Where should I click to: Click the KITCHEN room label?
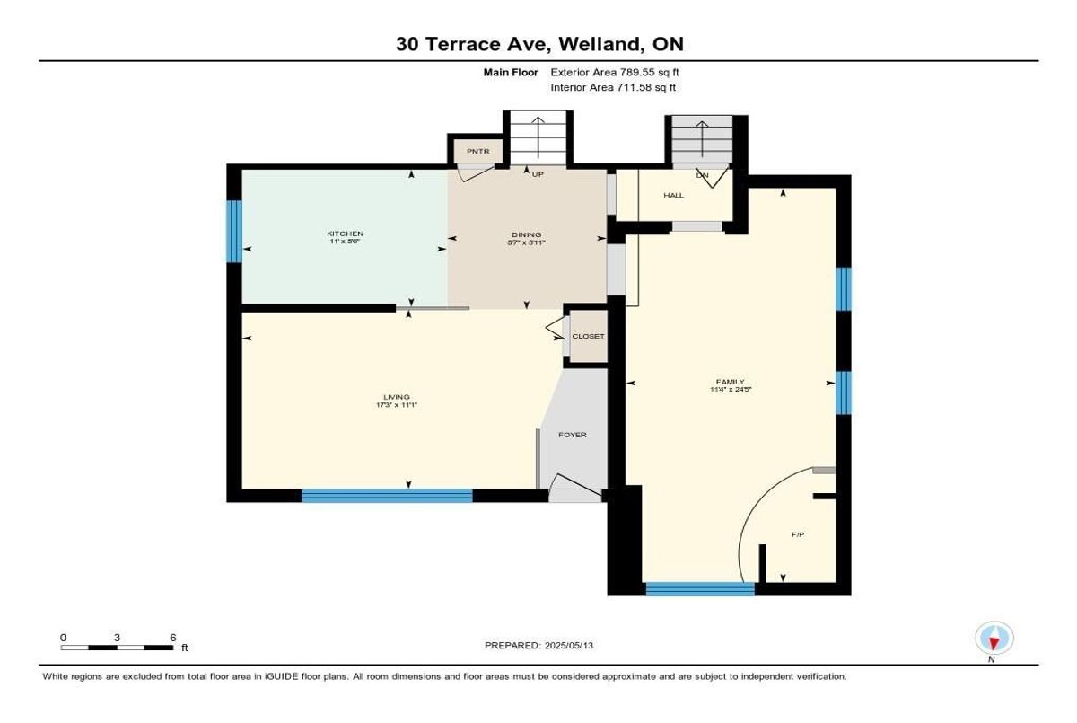pos(345,234)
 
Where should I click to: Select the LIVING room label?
pos(396,397)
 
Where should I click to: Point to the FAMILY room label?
pos(730,382)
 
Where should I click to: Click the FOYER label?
pos(573,435)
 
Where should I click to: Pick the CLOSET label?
pos(589,336)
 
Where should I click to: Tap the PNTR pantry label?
pos(477,152)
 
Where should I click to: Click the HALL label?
pos(674,195)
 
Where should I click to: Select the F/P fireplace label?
pos(797,534)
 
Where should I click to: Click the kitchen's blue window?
pos(234,231)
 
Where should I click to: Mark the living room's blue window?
pos(387,495)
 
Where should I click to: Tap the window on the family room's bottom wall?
pos(700,589)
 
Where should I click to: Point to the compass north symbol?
pos(993,639)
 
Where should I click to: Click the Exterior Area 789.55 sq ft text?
pos(620,73)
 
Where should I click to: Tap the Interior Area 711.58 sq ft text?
pos(613,88)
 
